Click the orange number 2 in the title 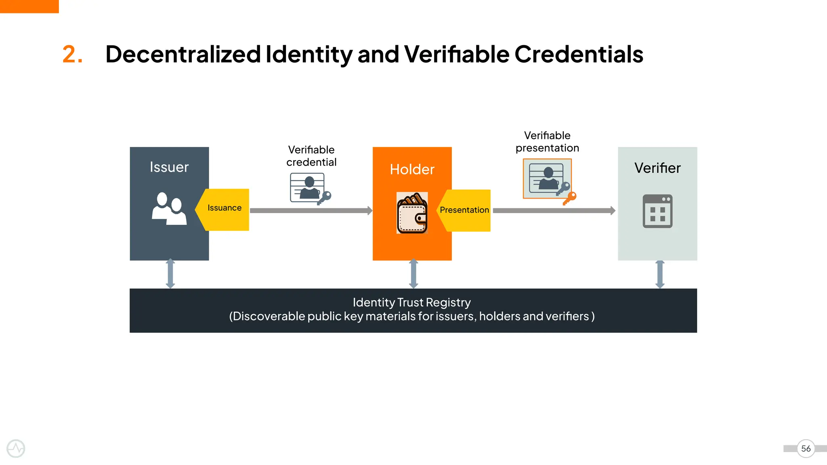click(x=72, y=54)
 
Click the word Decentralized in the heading click(x=183, y=54)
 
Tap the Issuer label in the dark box click(x=169, y=167)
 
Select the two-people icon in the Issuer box click(x=169, y=208)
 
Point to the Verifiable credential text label click(x=311, y=156)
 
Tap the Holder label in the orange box click(x=412, y=170)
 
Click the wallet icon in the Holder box click(x=412, y=213)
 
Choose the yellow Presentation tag click(x=464, y=210)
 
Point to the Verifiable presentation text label click(x=547, y=142)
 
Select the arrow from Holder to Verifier click(x=554, y=210)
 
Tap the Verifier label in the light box click(x=657, y=168)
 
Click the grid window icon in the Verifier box click(x=657, y=211)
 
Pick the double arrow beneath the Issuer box click(x=170, y=274)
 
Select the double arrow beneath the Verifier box click(x=660, y=274)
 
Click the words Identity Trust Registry click(x=411, y=302)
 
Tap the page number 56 click(x=806, y=448)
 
